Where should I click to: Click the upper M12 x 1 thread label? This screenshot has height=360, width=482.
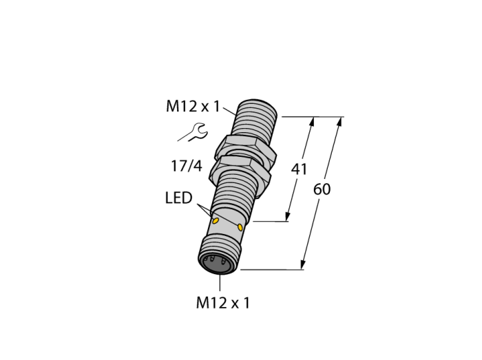193,107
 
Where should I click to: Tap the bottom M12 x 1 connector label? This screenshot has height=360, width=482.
223,303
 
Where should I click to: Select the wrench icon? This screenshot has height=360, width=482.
193,132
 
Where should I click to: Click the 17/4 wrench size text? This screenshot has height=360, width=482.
187,166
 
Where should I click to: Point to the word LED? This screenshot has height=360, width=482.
178,198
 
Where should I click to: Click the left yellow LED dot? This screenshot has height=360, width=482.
216,220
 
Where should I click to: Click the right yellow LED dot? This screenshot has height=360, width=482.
240,227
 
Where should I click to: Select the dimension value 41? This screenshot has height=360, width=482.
299,169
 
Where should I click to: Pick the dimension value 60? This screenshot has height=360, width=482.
322,189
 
